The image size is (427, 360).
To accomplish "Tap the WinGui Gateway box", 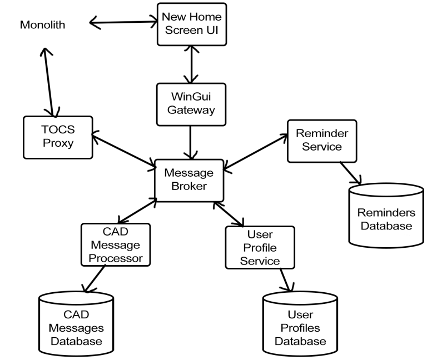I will coord(191,103).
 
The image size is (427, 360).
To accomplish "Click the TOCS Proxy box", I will coord(57,136).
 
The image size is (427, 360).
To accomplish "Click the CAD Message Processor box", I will coord(115,244).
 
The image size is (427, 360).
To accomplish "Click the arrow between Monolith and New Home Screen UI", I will coord(123,23).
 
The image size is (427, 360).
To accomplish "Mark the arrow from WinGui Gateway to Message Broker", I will coord(191,142).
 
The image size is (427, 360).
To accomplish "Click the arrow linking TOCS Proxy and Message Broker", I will coord(123,149).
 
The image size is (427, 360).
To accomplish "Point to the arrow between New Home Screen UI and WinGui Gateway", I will coord(191,63).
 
